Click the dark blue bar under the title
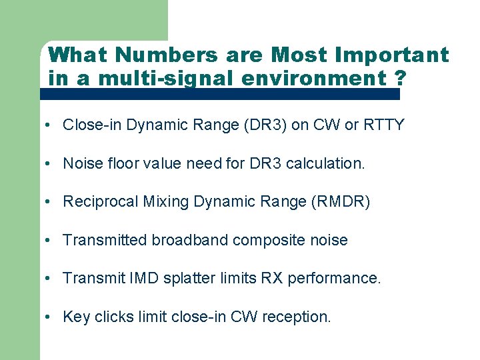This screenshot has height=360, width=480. click(220, 95)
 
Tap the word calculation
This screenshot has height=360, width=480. click(325, 163)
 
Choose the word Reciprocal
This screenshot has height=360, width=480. click(101, 202)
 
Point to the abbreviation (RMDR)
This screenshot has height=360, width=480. click(346, 202)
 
